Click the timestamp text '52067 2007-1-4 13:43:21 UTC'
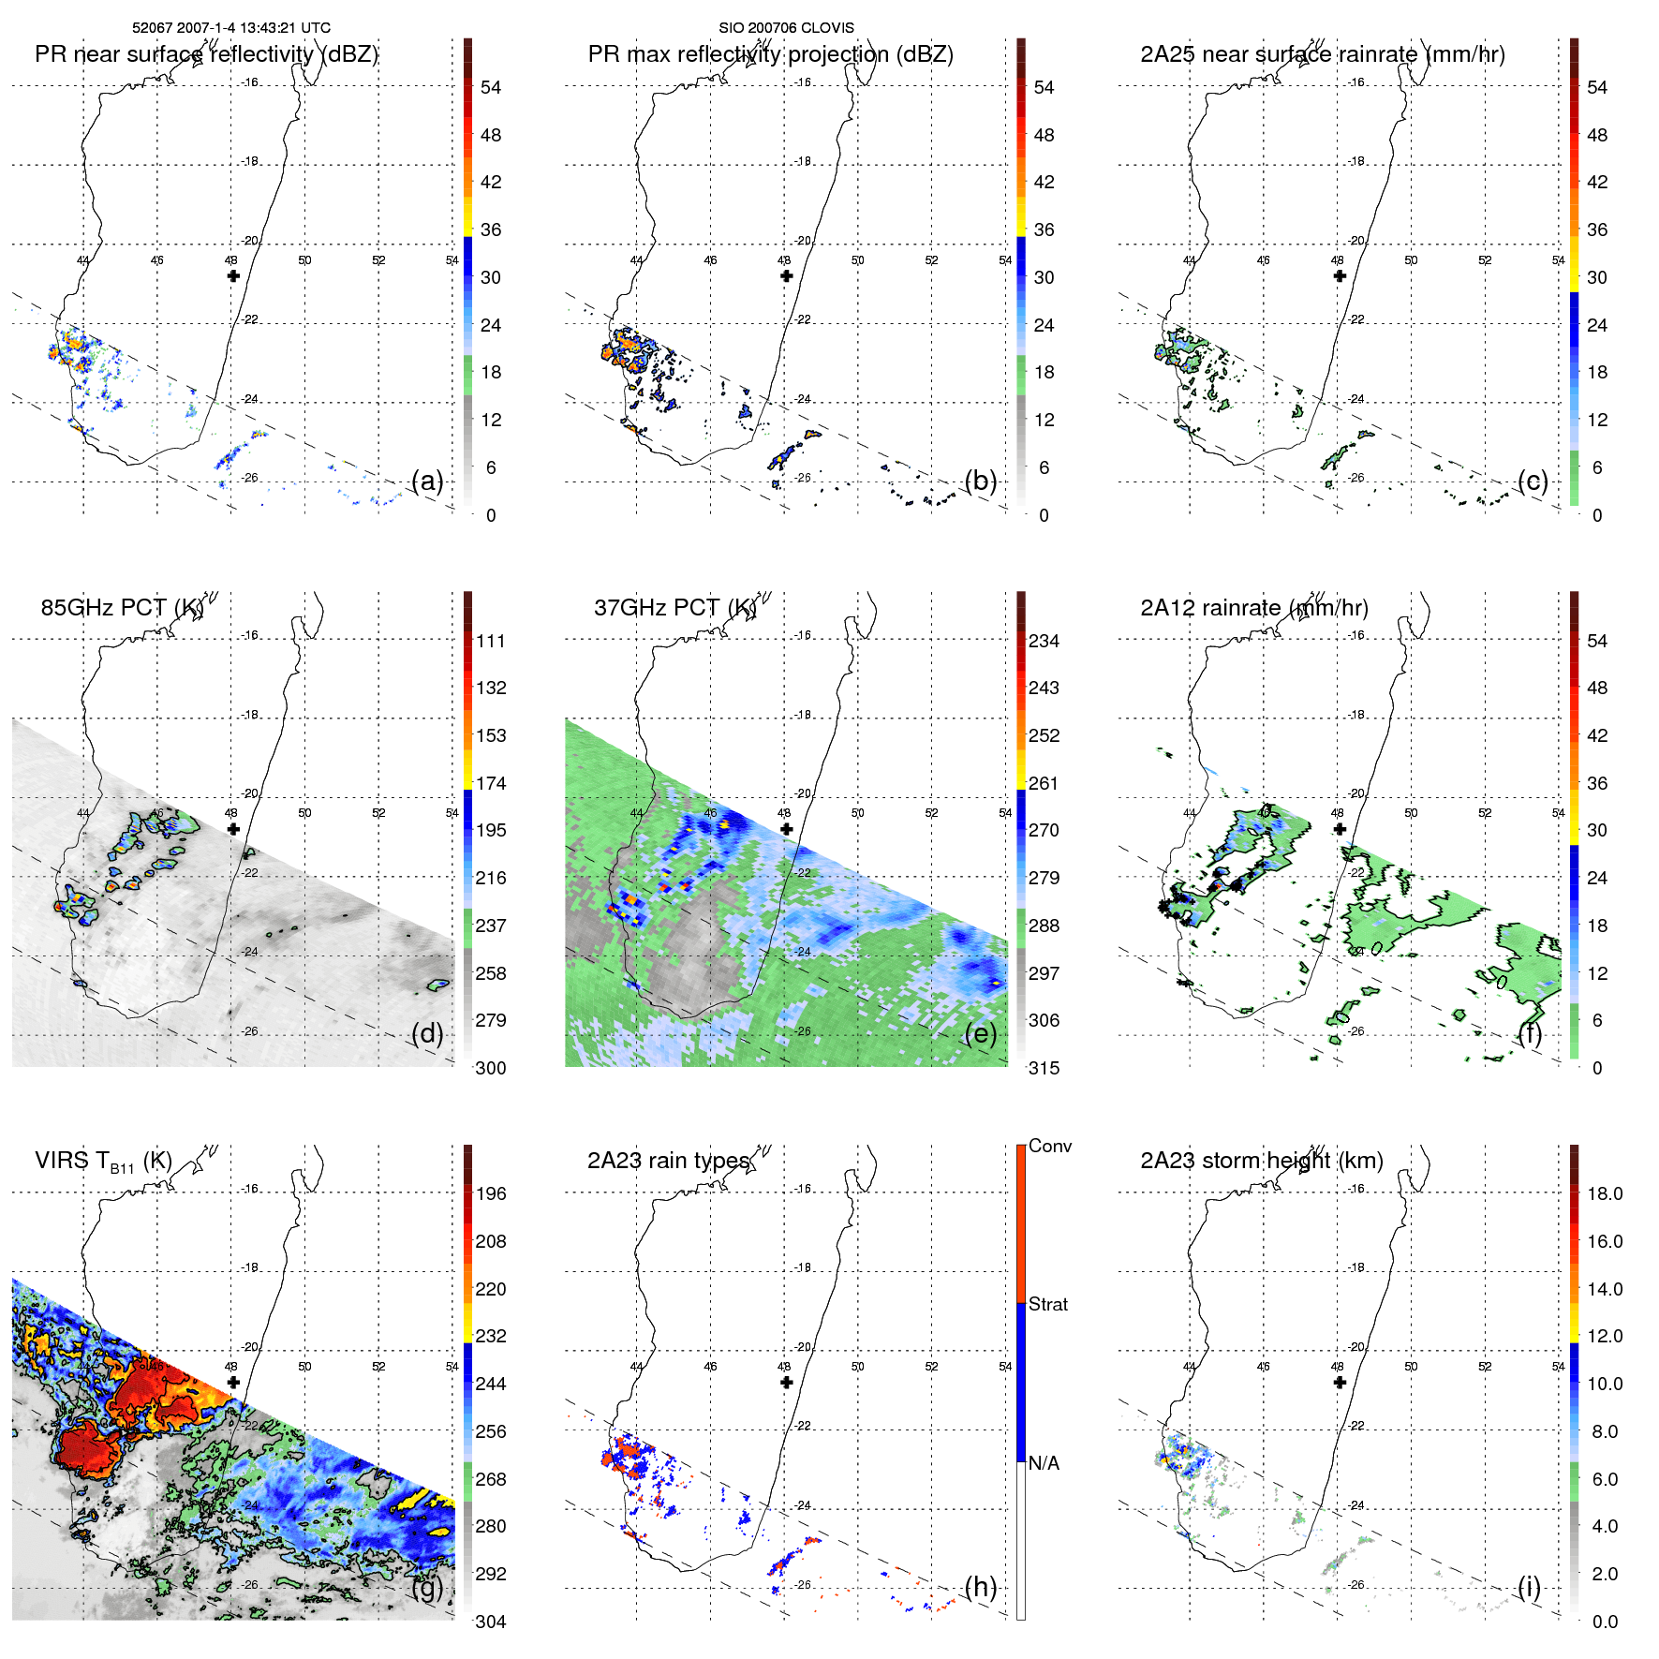pos(230,28)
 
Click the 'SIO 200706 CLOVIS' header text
pos(786,28)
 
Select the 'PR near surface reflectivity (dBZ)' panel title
pos(206,54)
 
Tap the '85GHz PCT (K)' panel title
pos(122,608)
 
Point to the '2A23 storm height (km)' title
pos(1261,1161)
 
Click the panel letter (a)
pos(427,481)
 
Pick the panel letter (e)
pos(981,1033)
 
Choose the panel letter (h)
pos(981,1587)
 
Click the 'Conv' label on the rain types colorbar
pos(1049,1146)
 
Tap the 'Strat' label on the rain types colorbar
pos(1047,1304)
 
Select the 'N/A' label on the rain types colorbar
pos(1044,1463)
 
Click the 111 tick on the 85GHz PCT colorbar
pos(490,641)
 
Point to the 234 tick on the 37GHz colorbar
pos(1044,641)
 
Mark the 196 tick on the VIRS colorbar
pos(490,1193)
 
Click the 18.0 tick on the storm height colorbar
pos(1604,1193)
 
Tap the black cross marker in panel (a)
pos(233,275)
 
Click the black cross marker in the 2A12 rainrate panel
pos(1340,829)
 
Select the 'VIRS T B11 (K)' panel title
pos(103,1162)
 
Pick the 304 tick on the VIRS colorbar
pos(490,1622)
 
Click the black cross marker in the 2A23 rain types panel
pos(786,1382)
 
